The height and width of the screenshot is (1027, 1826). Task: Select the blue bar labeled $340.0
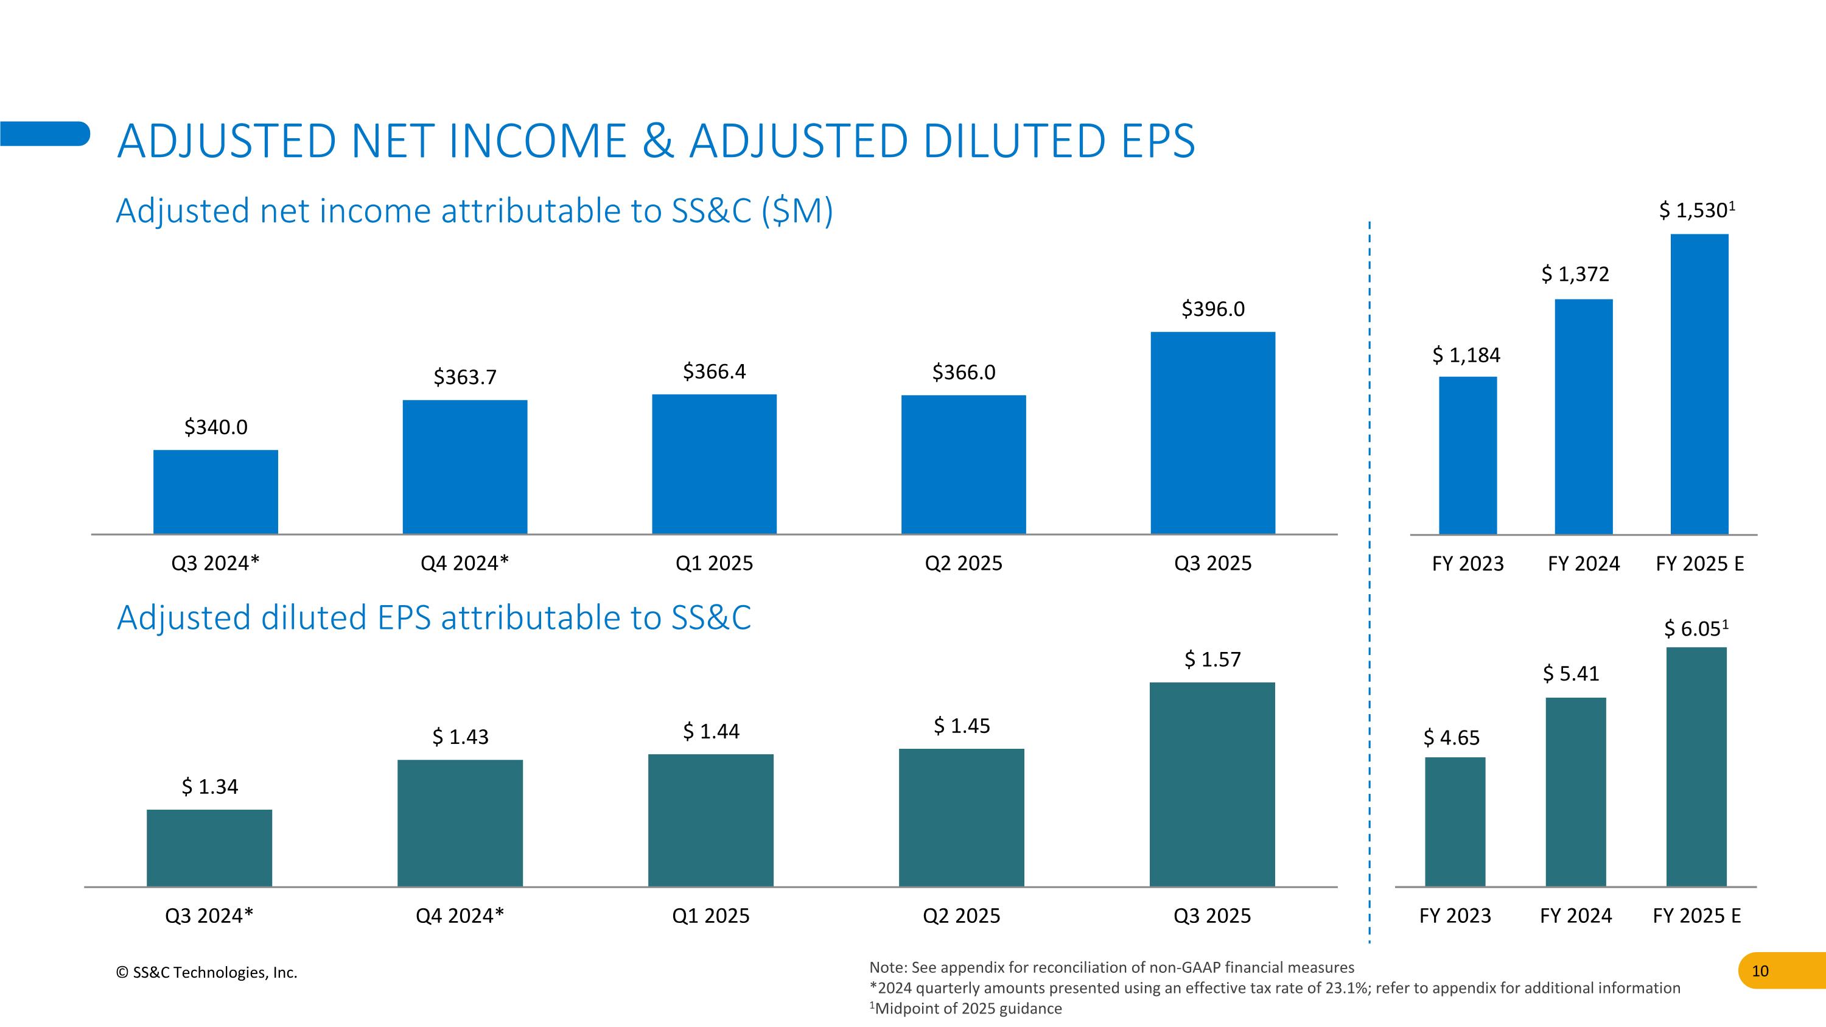pos(215,492)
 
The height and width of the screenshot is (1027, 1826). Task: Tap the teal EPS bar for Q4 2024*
pos(460,823)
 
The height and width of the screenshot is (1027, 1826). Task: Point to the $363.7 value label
pos(465,377)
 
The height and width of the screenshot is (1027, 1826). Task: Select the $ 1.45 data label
pos(962,726)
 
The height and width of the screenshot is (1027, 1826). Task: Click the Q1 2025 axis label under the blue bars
pos(714,564)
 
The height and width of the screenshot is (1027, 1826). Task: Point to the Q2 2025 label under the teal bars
pos(961,916)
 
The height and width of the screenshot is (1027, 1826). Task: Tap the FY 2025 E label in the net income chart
pos(1699,564)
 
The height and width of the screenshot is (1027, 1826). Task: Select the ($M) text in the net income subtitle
pos(797,211)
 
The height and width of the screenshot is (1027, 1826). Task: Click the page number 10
pos(1760,971)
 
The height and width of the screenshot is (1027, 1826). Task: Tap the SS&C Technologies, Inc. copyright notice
pos(206,972)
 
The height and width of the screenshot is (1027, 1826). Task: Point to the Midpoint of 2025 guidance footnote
pos(965,1009)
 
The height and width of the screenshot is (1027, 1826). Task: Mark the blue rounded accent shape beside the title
pos(44,134)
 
